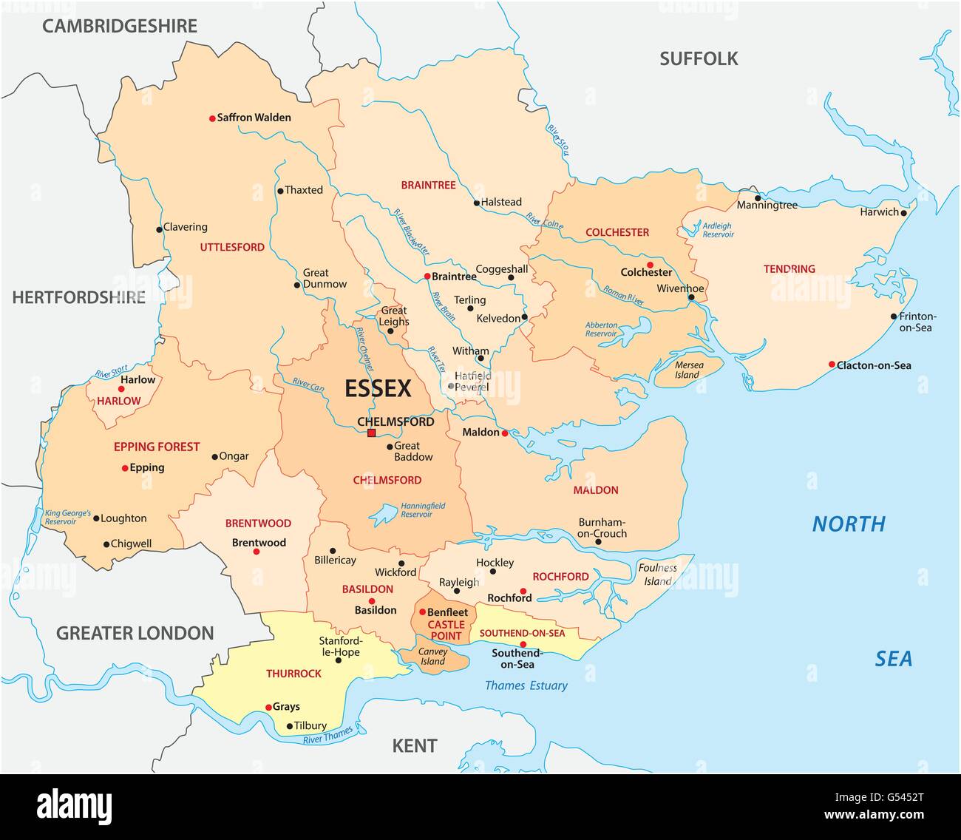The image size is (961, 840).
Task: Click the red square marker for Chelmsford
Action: point(371,433)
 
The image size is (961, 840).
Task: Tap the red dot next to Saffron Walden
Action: point(211,118)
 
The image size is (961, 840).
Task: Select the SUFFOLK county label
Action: point(699,59)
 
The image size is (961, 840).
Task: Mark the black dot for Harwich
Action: point(905,212)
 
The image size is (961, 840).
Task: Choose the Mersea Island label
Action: point(687,370)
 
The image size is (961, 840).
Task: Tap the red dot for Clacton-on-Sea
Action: point(831,365)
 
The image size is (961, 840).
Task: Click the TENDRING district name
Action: point(789,269)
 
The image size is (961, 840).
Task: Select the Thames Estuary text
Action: point(526,685)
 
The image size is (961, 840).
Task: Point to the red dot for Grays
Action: point(268,707)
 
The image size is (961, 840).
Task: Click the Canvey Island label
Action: point(433,657)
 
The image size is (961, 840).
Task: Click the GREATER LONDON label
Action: point(135,633)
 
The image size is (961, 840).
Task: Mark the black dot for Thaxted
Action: point(279,191)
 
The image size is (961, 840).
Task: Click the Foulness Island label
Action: point(657,575)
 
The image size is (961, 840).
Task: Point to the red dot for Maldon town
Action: point(504,433)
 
